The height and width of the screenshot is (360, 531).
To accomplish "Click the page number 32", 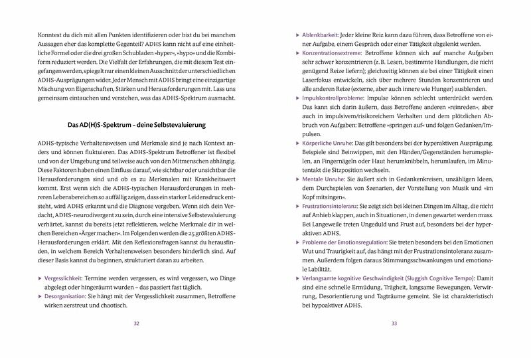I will point(136,323).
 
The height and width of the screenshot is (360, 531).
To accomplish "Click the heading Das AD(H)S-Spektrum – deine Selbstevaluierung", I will point(137,125).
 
